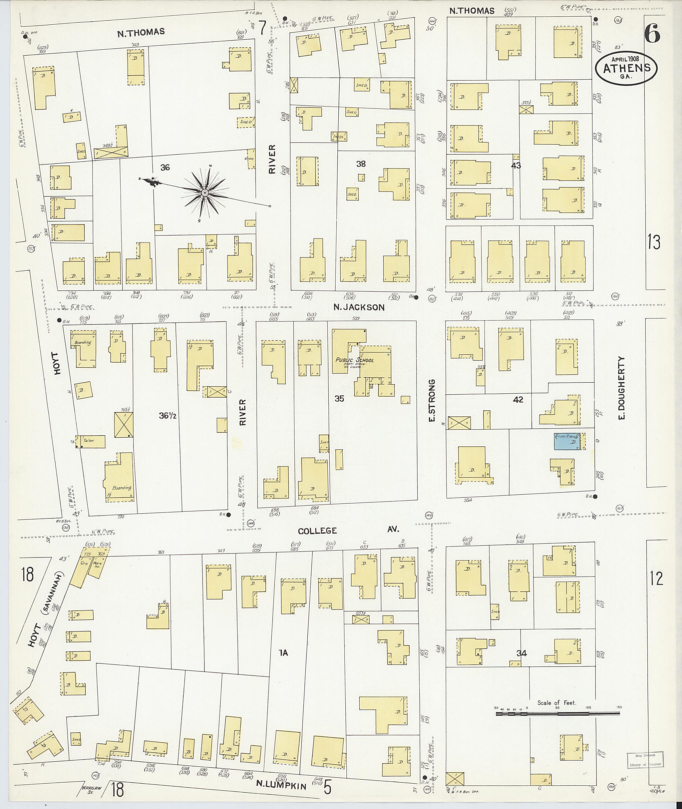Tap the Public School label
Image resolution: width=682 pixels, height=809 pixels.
pos(355,360)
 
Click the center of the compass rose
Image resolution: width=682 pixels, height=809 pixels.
pos(204,192)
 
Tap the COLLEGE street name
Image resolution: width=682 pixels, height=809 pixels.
pos(317,531)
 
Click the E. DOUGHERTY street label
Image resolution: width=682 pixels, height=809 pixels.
pos(621,388)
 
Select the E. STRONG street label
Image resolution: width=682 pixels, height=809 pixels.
pos(432,401)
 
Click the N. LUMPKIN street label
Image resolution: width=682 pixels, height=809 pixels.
pos(281,786)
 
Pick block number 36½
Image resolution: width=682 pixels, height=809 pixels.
pos(168,416)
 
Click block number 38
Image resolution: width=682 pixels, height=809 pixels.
pos(361,164)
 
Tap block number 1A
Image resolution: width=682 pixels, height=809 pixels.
pos(283,653)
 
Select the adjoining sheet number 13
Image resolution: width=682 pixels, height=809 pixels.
pos(654,242)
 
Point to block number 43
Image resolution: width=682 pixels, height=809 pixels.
pos(516,166)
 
